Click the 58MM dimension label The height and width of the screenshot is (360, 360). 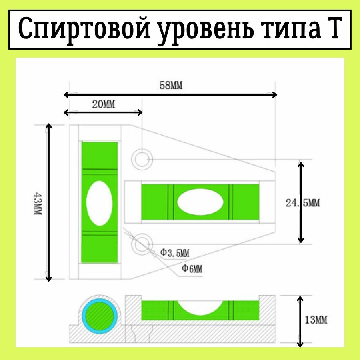pos(171,85)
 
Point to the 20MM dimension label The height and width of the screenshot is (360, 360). pos(103,104)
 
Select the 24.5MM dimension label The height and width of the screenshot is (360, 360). pos(303,203)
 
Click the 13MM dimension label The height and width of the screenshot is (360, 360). pos(316,320)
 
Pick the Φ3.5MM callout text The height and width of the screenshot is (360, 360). pos(175,253)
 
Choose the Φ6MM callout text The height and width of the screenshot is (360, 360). pos(192,268)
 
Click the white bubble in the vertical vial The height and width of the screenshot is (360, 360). pos(99,203)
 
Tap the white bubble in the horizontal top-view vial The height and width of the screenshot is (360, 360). pos(200,202)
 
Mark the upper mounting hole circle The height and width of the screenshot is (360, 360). pos(143,159)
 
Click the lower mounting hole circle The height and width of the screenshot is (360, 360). pos(143,244)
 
